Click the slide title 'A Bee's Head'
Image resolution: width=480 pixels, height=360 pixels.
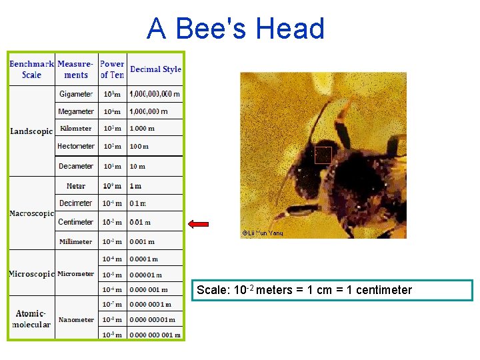tap(235, 29)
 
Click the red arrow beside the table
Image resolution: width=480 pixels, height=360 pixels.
tap(199, 225)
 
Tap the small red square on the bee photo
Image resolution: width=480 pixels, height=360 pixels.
tap(323, 155)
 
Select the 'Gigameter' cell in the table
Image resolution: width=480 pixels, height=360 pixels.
tap(76, 94)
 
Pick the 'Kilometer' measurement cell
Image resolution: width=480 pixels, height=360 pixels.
tap(76, 129)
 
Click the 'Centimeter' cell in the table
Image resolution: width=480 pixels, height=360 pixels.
tap(76, 222)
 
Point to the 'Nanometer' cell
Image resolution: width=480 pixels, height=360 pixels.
tap(76, 319)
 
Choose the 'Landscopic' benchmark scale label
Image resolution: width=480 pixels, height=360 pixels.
tap(31, 131)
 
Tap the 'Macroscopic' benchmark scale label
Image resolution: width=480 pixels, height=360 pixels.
tap(31, 214)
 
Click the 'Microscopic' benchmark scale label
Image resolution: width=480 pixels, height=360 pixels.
tap(31, 274)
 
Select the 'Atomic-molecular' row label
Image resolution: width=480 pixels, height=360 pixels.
tap(31, 319)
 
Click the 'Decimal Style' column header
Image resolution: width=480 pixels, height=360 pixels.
tap(155, 69)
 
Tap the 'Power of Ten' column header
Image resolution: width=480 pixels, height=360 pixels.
tap(112, 69)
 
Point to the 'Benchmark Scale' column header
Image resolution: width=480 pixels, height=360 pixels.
tap(31, 69)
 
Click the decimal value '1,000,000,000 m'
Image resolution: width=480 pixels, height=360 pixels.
tap(155, 94)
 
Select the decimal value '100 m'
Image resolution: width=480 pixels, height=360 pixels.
tap(139, 146)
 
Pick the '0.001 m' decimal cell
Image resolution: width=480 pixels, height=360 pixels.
tap(142, 241)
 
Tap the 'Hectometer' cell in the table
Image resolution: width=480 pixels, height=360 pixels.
tap(76, 146)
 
